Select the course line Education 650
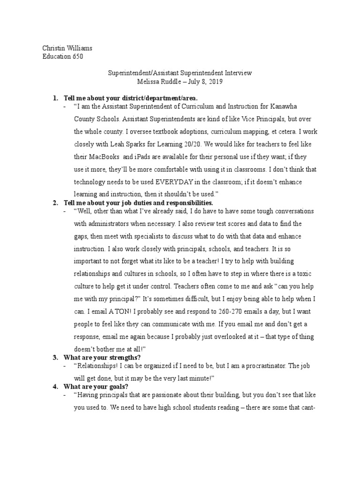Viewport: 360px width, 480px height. [63, 57]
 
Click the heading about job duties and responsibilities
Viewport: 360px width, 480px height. [138, 202]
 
